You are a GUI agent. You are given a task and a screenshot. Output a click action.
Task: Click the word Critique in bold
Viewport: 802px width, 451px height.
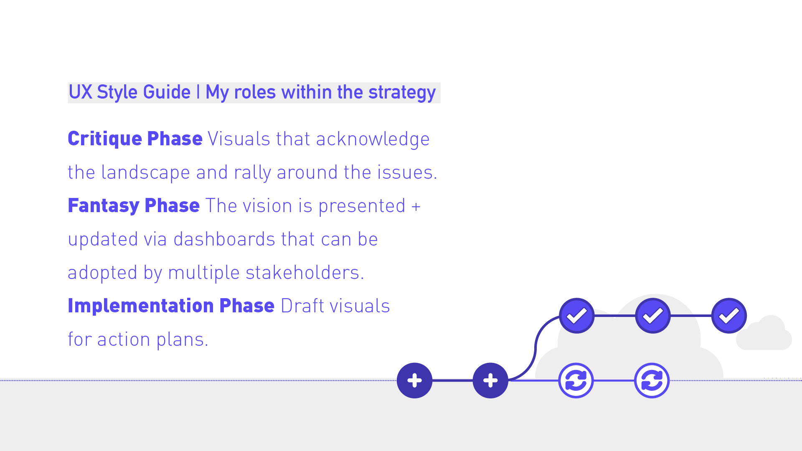pyautogui.click(x=105, y=139)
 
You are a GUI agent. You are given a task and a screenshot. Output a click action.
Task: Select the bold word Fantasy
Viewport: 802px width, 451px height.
pyautogui.click(x=104, y=206)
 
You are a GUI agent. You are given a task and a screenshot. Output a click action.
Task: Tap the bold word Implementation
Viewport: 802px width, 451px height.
pyautogui.click(x=141, y=306)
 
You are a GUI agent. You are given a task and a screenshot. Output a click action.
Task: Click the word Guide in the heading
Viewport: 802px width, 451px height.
pyautogui.click(x=167, y=92)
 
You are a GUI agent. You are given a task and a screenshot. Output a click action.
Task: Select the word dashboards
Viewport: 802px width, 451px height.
pyautogui.click(x=224, y=239)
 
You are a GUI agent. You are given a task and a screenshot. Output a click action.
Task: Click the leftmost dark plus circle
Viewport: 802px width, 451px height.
pyautogui.click(x=414, y=380)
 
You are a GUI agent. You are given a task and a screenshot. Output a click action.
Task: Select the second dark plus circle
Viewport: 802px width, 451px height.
pyautogui.click(x=490, y=380)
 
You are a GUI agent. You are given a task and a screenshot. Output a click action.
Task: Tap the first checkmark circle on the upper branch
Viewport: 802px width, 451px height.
pyautogui.click(x=576, y=316)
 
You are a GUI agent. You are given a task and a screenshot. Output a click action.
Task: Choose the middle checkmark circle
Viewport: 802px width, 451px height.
pyautogui.click(x=652, y=316)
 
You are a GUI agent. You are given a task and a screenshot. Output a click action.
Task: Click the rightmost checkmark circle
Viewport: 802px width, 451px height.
pyautogui.click(x=729, y=316)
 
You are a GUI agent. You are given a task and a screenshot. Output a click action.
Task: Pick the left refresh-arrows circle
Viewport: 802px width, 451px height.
pyautogui.click(x=576, y=380)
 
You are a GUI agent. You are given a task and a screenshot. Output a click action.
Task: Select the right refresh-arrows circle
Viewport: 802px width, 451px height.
pyautogui.click(x=652, y=380)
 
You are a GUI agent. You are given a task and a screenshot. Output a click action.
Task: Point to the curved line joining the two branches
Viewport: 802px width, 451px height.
pyautogui.click(x=536, y=347)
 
